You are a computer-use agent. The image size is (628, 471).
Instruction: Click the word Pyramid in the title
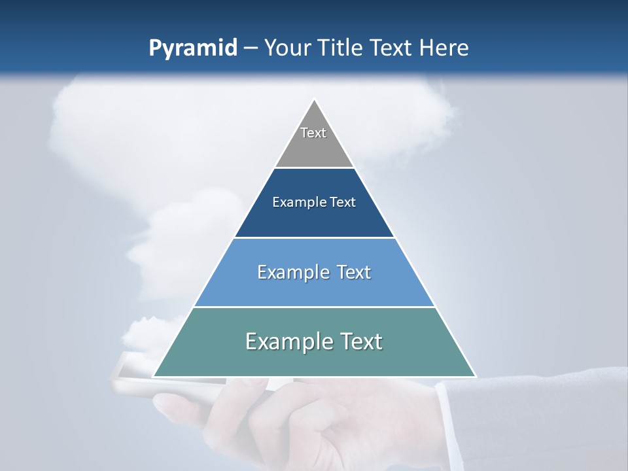pos(192,48)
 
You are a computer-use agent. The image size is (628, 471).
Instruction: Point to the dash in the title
pos(251,48)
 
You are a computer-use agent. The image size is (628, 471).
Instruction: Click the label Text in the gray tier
pos(313,133)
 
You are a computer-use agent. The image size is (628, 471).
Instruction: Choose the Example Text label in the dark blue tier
pos(314,202)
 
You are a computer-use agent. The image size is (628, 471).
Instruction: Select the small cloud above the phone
pos(147,334)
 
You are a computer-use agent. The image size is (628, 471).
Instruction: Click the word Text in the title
pos(390,48)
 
